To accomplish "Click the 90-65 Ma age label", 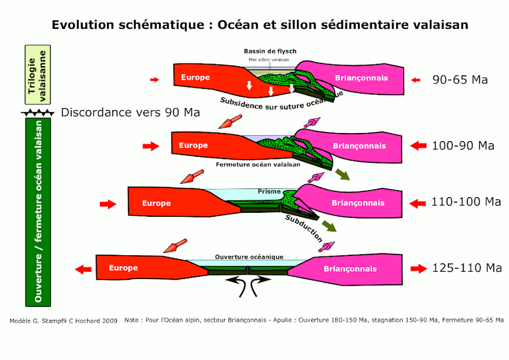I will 460,80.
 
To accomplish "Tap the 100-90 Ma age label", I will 463,145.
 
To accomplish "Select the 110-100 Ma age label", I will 466,202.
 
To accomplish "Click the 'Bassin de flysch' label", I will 270,52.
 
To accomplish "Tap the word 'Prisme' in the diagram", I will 269,192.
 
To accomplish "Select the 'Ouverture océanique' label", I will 249,257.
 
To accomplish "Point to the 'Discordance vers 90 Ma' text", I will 130,112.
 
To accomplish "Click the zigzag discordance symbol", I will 38,113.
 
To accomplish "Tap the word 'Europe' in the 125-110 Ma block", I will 123,268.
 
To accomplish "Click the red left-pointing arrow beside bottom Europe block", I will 84,269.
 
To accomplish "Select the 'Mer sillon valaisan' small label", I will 269,59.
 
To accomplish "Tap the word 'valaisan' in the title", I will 439,25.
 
